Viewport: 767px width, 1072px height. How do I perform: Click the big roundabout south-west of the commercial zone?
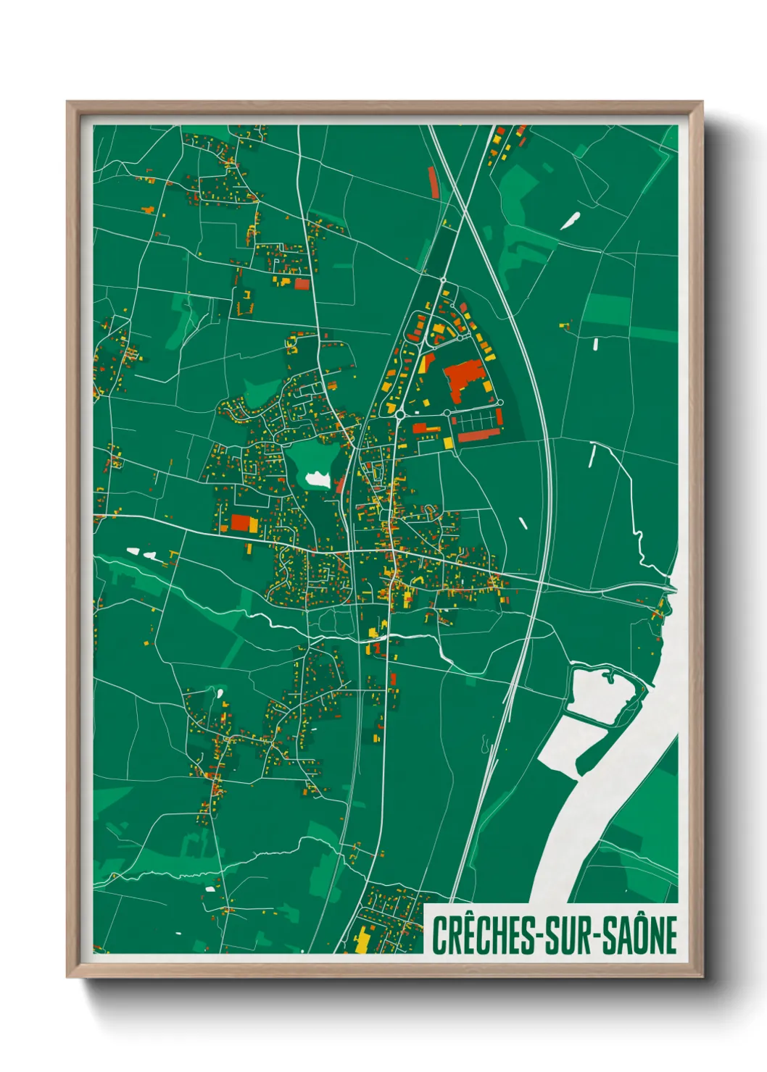pyautogui.click(x=399, y=414)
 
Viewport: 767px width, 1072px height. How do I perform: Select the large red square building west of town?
pyautogui.click(x=240, y=523)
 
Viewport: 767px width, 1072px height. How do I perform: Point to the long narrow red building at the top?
pyautogui.click(x=434, y=182)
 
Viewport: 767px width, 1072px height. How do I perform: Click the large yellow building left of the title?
pyautogui.click(x=361, y=940)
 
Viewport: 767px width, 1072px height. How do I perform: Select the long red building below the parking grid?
pyautogui.click(x=479, y=435)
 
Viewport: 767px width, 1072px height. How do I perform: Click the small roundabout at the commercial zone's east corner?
pyautogui.click(x=499, y=401)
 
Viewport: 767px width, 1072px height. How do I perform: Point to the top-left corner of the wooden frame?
pyautogui.click(x=67, y=103)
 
